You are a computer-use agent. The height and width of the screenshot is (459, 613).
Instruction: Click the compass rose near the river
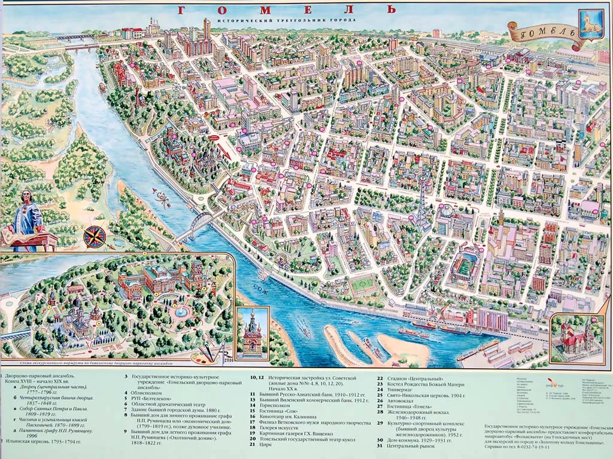point(95,237)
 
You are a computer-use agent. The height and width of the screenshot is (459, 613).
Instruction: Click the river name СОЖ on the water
point(260,288)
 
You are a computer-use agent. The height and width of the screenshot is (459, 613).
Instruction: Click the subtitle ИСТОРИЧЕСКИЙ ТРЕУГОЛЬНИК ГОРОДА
point(287,20)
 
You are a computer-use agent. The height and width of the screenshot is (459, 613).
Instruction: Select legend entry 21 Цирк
point(271,446)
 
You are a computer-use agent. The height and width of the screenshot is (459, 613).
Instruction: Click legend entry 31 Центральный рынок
point(407,446)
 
